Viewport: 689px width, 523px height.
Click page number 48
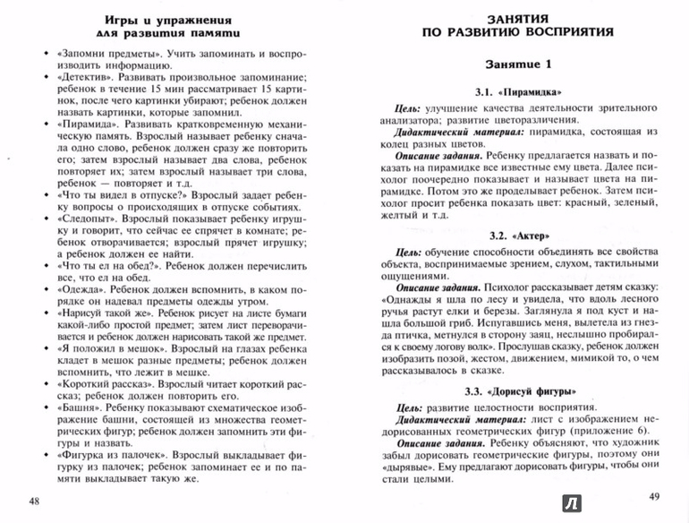click(35, 499)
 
